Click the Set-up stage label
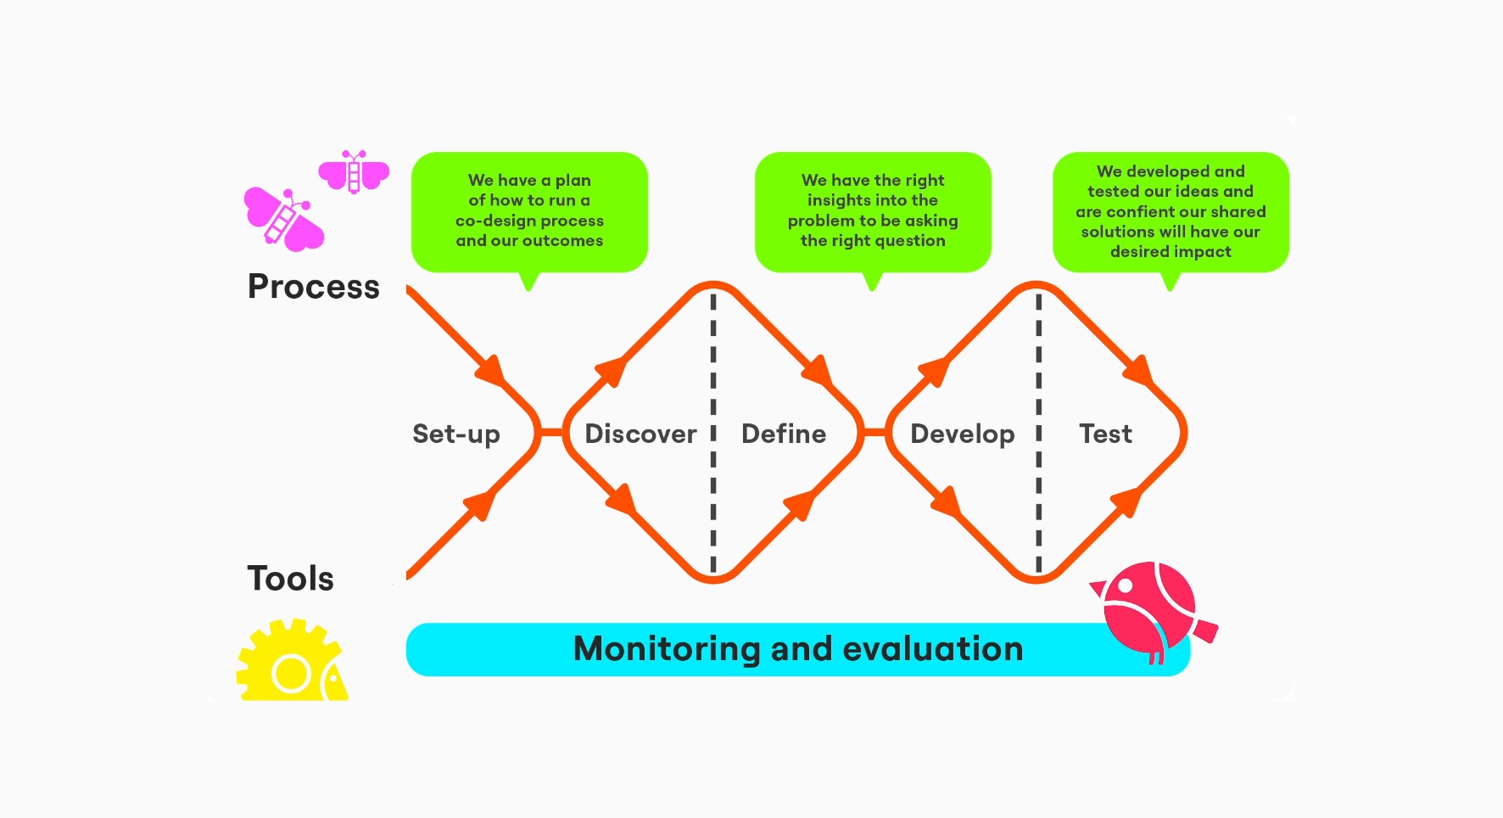point(456,434)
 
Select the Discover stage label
point(640,434)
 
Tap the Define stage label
point(784,434)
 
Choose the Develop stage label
point(962,434)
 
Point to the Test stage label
point(1105,434)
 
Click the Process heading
point(313,287)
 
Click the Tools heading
point(290,579)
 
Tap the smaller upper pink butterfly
point(354,171)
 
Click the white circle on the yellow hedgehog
point(291,675)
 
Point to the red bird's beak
point(1098,587)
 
